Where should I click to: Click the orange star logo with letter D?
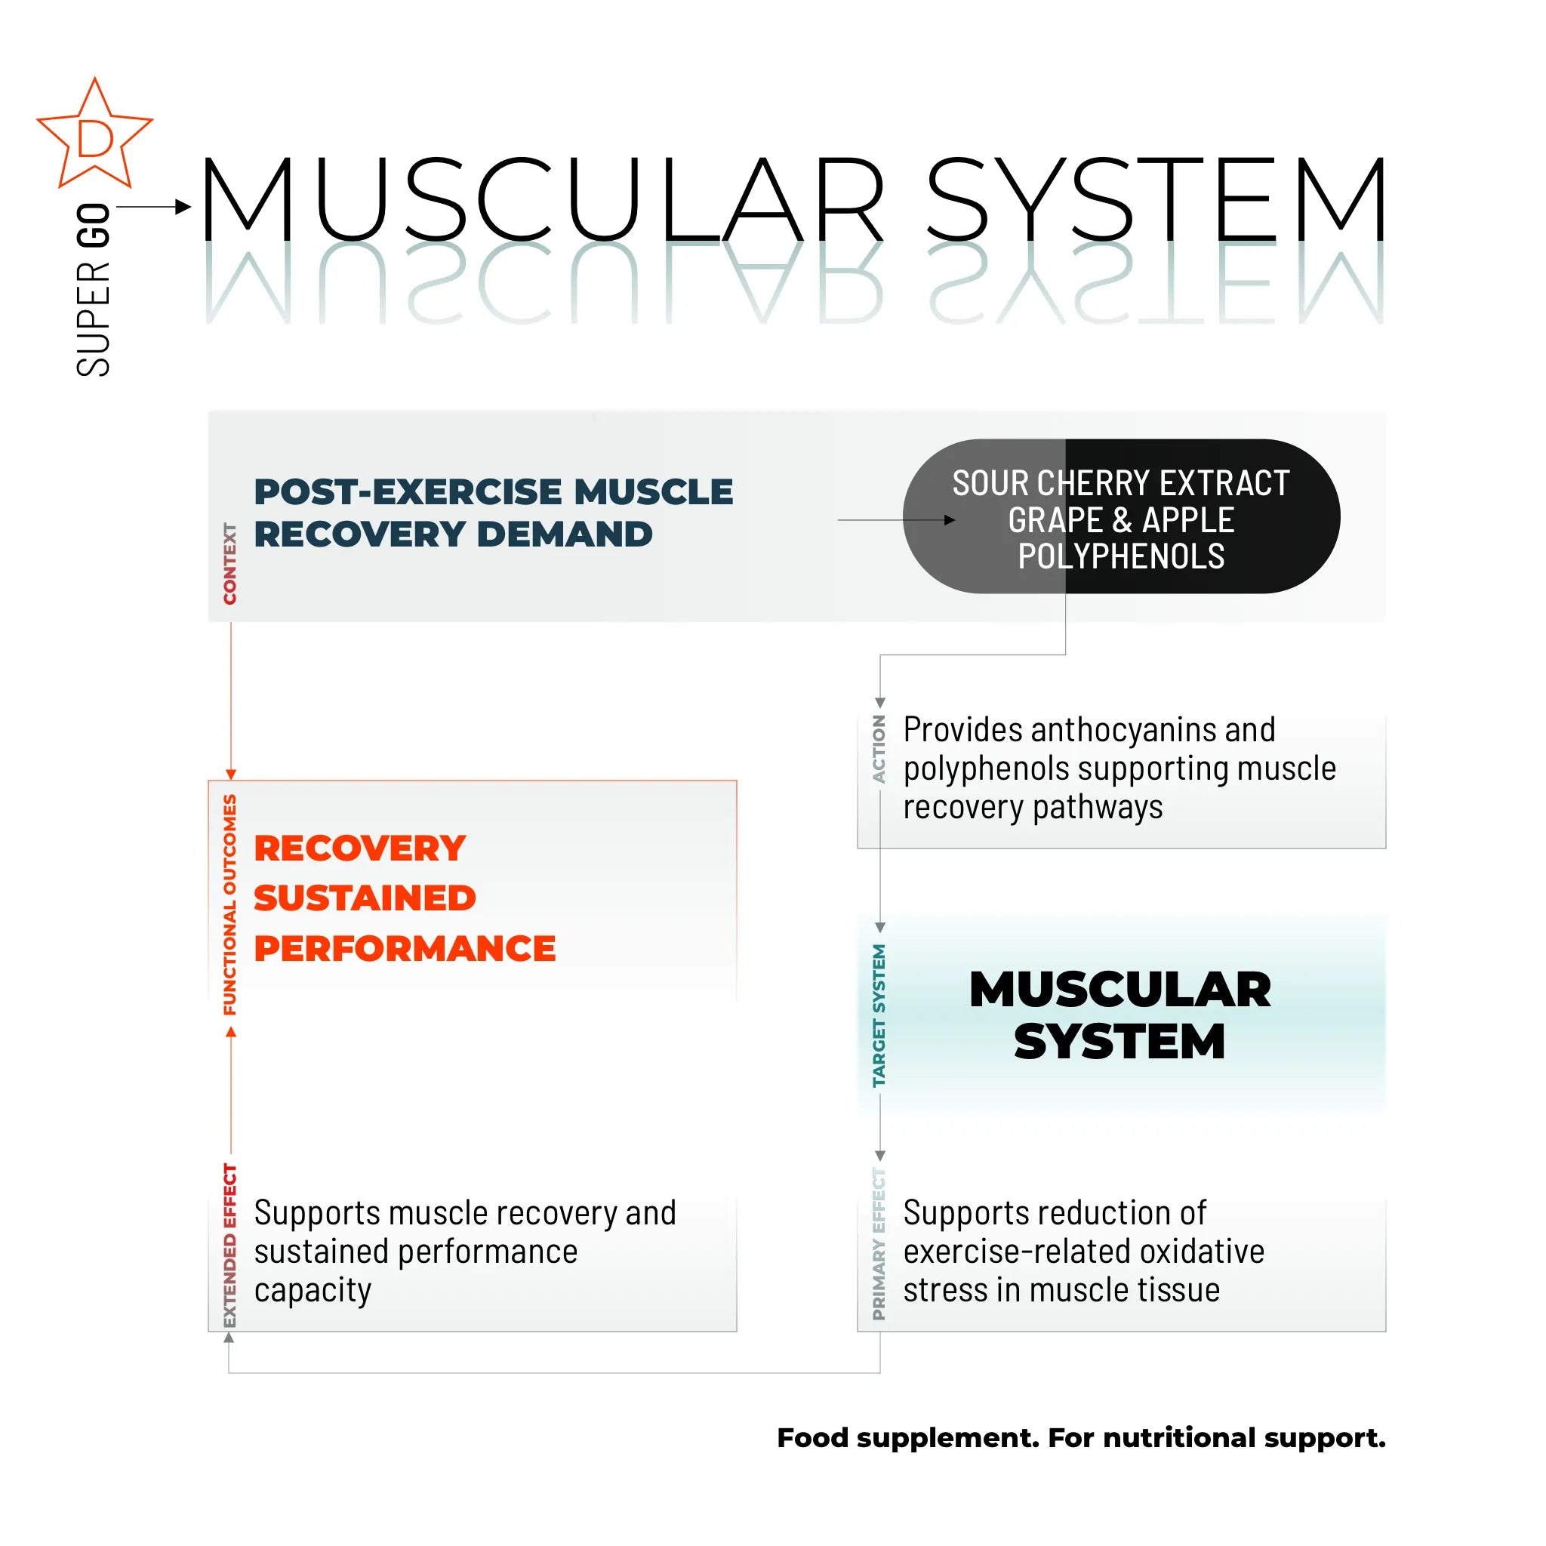pos(94,136)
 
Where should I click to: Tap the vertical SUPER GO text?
pos(94,290)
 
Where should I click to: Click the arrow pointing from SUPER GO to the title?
pos(154,208)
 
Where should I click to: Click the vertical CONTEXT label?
pos(230,563)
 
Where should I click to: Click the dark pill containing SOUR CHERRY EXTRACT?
pos(1120,516)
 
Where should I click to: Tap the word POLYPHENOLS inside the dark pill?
pos(1120,556)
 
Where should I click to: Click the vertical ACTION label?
pos(879,749)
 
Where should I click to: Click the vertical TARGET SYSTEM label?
pos(879,1015)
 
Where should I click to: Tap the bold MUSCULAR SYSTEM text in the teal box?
pos(1119,1015)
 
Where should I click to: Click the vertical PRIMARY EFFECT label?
pos(879,1243)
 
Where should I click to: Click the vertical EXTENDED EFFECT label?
pos(230,1245)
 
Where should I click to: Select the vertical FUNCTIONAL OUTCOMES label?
pos(230,904)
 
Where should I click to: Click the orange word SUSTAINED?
pos(365,898)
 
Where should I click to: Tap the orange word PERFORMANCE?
pos(405,948)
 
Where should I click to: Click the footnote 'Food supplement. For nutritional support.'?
pos(1081,1437)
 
